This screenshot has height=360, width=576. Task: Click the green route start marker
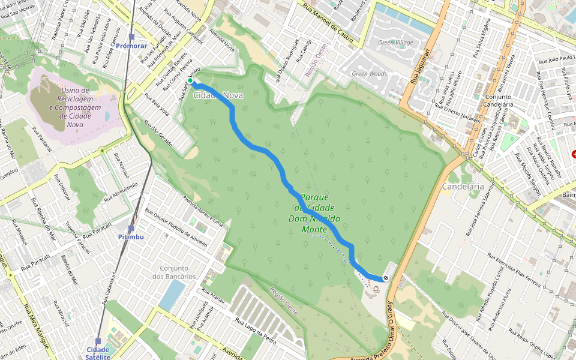coord(190,80)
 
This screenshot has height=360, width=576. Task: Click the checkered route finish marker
coord(385,278)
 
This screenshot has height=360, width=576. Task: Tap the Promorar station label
coord(131,46)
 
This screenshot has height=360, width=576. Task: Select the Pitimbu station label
coord(131,237)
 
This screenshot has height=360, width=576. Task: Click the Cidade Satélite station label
coord(98,353)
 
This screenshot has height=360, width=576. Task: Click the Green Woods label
coord(369,74)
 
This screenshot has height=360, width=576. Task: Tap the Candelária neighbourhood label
coord(462,187)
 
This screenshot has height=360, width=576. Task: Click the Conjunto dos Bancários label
coord(174,272)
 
